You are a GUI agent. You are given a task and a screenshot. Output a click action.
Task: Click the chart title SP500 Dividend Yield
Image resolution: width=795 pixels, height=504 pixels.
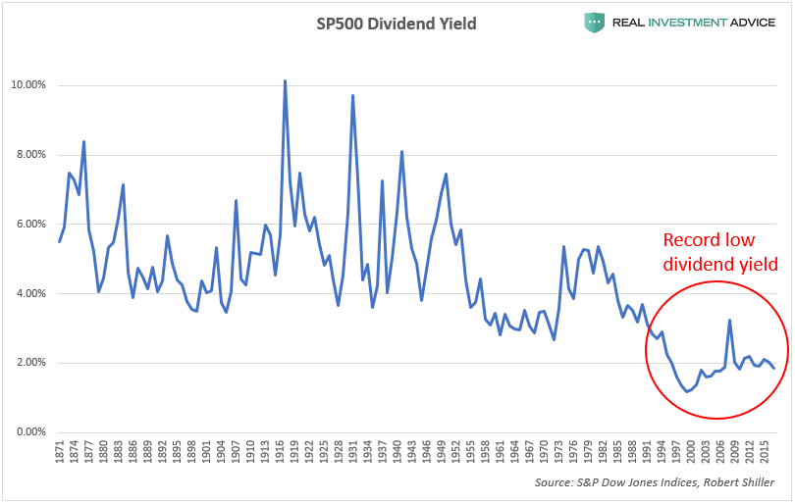click(x=397, y=23)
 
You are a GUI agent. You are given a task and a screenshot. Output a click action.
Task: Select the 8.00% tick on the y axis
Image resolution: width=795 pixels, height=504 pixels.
click(x=28, y=155)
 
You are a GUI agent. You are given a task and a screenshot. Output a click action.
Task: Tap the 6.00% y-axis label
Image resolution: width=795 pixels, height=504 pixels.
click(x=28, y=225)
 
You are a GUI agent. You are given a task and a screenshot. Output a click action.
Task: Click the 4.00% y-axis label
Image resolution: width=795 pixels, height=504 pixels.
click(x=28, y=294)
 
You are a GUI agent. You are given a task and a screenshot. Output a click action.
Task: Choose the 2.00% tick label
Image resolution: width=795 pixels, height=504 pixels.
click(x=28, y=363)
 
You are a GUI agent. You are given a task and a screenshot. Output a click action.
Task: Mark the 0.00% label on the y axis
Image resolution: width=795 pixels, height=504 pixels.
click(x=28, y=432)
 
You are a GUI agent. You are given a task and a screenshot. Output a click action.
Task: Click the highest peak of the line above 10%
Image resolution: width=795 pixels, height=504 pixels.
click(x=285, y=81)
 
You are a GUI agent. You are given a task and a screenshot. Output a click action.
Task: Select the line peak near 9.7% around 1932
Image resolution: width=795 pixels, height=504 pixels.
click(x=352, y=95)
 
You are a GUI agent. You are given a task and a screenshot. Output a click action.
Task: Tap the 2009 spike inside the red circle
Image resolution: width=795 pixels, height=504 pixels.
click(x=729, y=320)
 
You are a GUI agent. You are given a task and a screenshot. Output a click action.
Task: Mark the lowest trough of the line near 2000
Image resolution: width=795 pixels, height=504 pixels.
click(x=688, y=391)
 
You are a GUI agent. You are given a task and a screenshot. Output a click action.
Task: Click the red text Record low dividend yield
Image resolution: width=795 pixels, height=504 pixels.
click(x=719, y=252)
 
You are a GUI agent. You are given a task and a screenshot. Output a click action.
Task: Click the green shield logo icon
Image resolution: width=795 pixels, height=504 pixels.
click(x=593, y=22)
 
